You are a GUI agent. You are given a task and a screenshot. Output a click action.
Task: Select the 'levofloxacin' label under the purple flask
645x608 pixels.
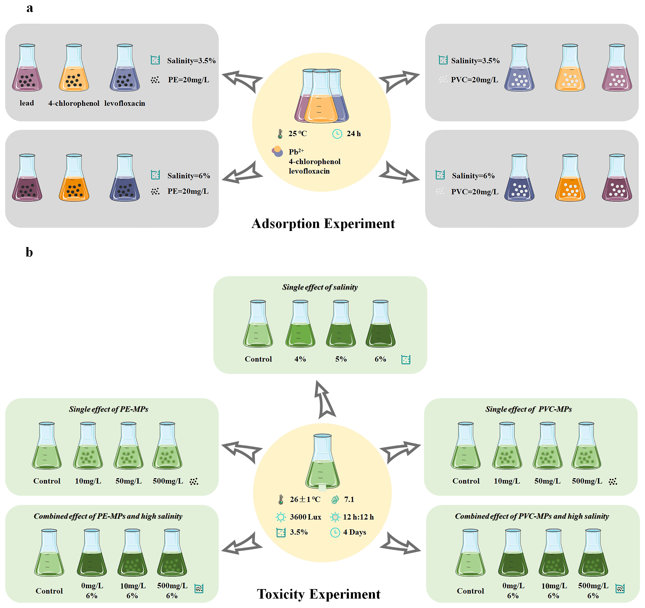click(125, 103)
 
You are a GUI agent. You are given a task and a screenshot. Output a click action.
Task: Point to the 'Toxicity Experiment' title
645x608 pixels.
click(319, 594)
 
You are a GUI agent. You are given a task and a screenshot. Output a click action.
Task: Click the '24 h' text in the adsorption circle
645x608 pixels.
click(354, 133)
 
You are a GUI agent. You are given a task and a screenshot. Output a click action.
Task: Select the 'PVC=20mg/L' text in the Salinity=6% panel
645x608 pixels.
click(475, 192)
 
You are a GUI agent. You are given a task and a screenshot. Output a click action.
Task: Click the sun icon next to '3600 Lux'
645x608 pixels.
click(281, 517)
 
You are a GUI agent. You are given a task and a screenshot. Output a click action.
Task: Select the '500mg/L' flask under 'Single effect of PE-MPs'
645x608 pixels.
click(167, 446)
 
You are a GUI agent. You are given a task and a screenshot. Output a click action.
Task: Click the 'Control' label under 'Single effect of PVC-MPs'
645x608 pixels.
click(466, 481)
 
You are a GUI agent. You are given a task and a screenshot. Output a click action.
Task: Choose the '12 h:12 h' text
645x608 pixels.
click(358, 517)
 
